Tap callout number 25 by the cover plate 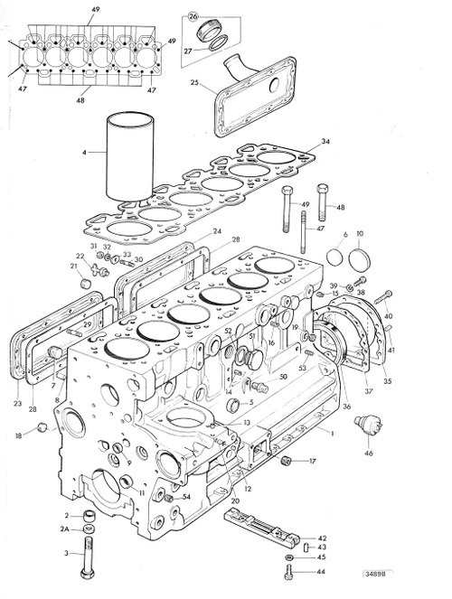coord(193,82)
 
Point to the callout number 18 coord(17,436)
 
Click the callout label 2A coord(64,529)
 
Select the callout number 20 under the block coord(235,501)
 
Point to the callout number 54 coord(186,498)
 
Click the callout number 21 coord(73,267)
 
